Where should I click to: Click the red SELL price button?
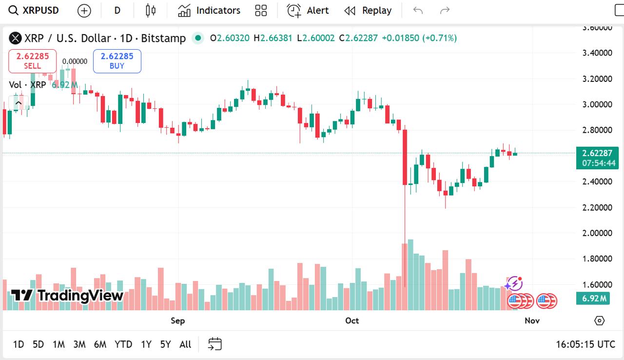(x=32, y=61)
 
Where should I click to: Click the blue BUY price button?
(x=117, y=61)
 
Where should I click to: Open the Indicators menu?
(x=209, y=10)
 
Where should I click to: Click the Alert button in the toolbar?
(x=308, y=10)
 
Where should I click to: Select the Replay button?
(x=368, y=10)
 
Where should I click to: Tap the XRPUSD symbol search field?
(x=34, y=10)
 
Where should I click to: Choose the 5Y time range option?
(x=165, y=344)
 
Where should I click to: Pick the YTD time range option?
(x=123, y=344)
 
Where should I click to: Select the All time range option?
(x=185, y=344)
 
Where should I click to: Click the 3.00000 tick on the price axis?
(x=597, y=104)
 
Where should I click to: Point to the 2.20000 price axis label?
(x=597, y=207)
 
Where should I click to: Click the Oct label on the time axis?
(x=352, y=320)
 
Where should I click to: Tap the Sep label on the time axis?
(x=178, y=320)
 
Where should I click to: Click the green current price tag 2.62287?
(x=597, y=153)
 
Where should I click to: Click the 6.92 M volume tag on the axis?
(x=592, y=298)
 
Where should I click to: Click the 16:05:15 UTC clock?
(x=585, y=344)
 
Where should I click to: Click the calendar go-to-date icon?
(x=215, y=344)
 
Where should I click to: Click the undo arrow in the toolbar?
(x=418, y=10)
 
